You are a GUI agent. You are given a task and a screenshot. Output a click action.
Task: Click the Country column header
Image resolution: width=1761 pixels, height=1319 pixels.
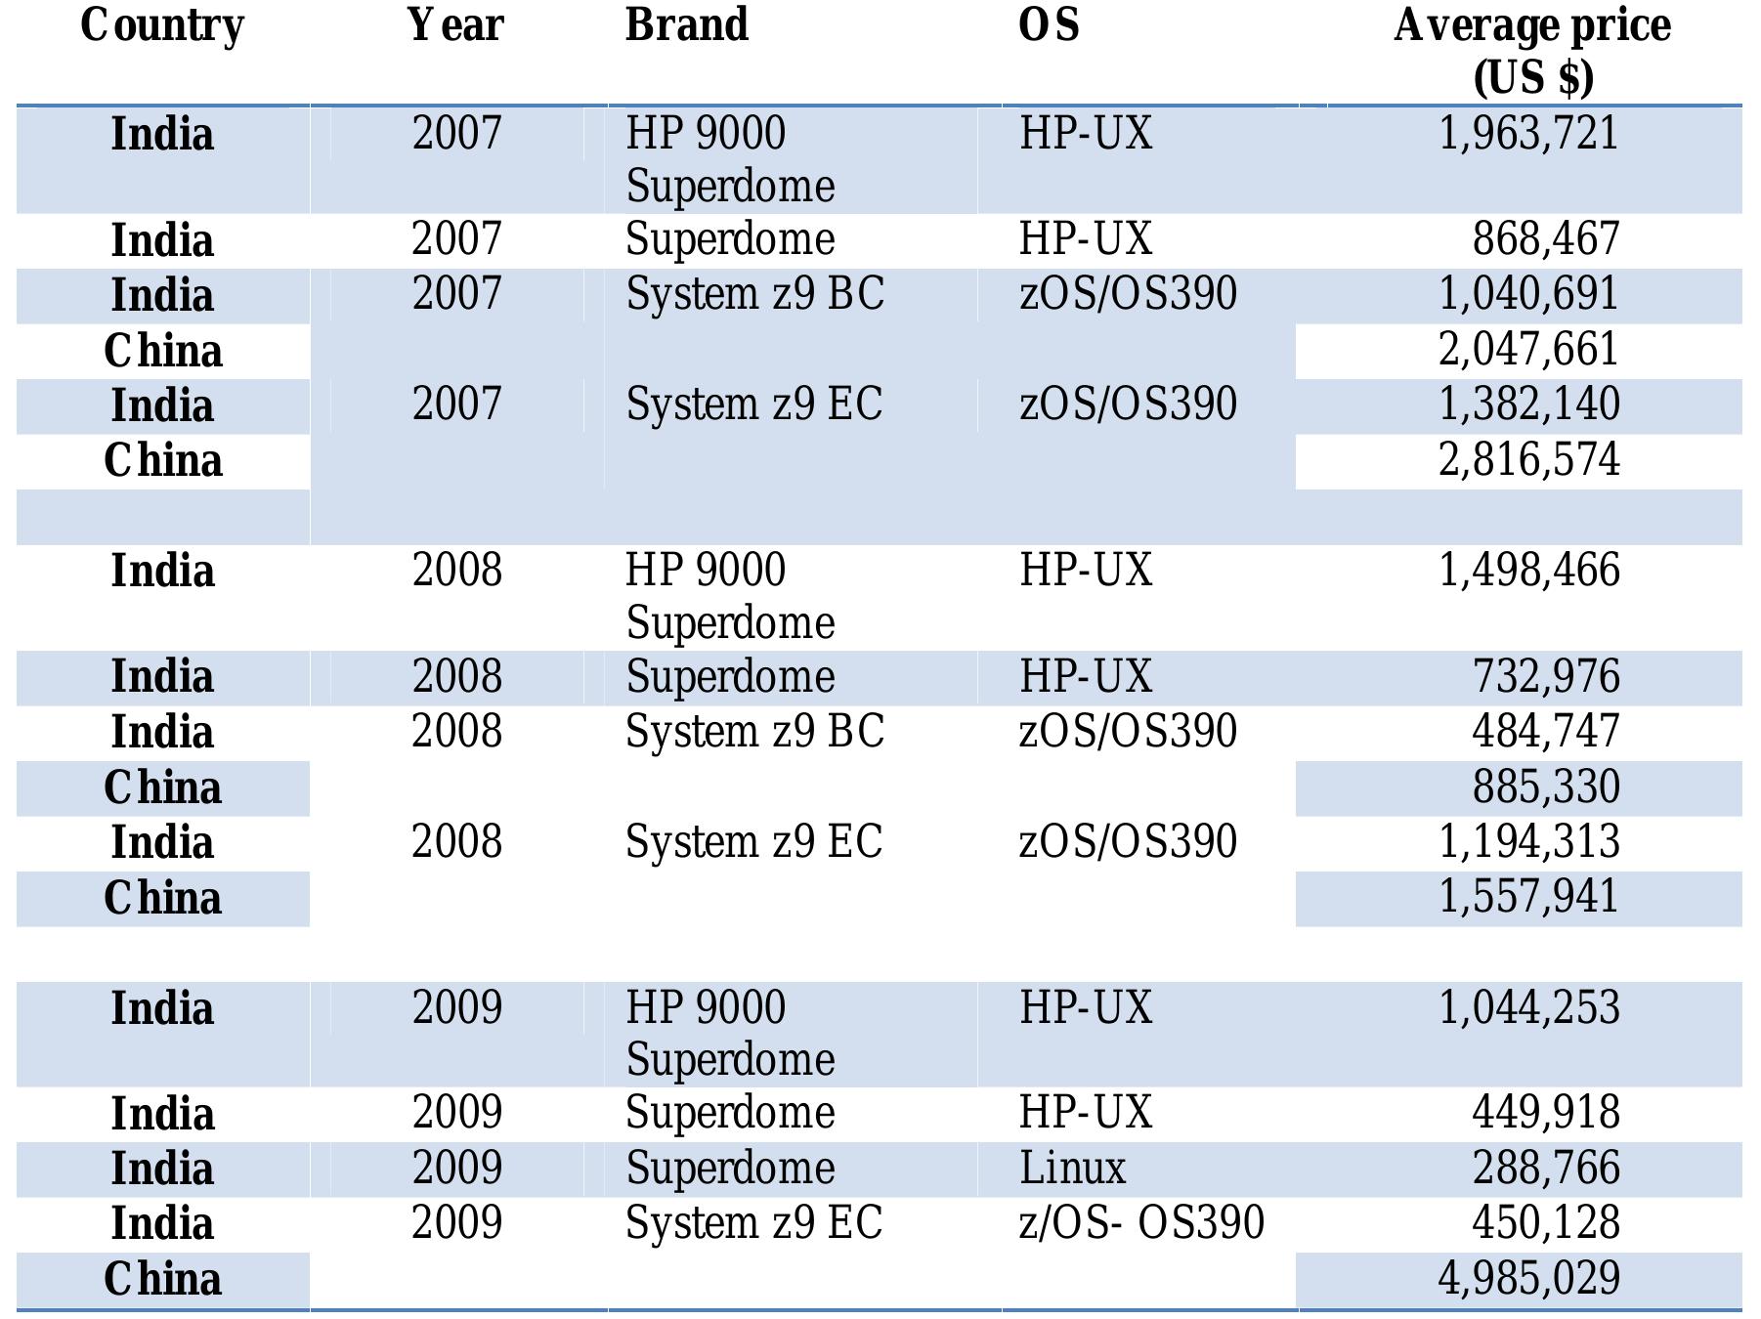point(162,25)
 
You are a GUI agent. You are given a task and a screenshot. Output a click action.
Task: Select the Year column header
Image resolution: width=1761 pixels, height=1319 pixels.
point(455,25)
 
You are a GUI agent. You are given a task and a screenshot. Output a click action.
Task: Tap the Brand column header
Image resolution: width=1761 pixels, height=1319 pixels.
point(687,25)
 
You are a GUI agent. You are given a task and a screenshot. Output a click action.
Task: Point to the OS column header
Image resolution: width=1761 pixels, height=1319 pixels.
point(1049,25)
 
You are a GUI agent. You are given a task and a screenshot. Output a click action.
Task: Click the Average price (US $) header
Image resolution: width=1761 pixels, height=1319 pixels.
point(1531,51)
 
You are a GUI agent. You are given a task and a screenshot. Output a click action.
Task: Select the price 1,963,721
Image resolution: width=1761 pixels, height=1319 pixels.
point(1528,134)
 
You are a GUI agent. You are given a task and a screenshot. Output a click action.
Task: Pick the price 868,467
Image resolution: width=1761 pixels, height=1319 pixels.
point(1545,239)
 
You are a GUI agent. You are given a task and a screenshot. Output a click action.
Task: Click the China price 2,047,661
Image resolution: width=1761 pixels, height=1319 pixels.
point(1528,350)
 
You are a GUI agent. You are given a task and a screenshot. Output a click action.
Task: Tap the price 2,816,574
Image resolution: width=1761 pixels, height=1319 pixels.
point(1528,460)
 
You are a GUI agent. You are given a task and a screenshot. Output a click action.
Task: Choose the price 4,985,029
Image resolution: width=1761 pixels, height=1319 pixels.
point(1528,1278)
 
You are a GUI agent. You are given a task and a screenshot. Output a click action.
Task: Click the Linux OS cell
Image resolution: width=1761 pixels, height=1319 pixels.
point(1072,1169)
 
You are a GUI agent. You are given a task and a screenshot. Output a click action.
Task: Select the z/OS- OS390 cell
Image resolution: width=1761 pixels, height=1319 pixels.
point(1141,1223)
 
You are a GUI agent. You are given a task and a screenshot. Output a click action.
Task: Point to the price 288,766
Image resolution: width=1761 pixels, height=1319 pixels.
point(1545,1169)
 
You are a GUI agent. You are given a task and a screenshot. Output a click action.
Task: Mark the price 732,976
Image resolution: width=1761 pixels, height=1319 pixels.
point(1545,677)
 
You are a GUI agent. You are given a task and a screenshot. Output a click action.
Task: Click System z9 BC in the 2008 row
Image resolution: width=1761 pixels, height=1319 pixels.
point(754,732)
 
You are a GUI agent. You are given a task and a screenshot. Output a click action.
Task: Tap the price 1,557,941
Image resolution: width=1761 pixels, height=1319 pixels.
point(1528,897)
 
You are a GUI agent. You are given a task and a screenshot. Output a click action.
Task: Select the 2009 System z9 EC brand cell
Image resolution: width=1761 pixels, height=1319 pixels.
point(753,1223)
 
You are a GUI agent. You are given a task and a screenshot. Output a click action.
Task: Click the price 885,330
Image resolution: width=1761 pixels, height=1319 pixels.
point(1545,787)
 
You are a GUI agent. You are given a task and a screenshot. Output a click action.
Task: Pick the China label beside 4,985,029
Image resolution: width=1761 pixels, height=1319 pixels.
point(162,1279)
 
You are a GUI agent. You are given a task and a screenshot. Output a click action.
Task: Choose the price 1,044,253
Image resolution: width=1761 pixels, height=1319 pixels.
point(1528,1008)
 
